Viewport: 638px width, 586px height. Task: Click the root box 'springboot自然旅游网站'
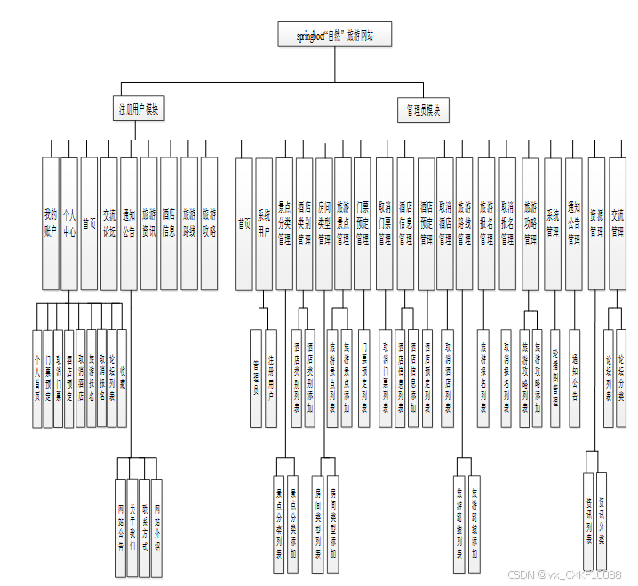334,36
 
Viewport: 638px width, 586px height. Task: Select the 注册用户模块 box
140,110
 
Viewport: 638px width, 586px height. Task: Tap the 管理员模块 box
423,110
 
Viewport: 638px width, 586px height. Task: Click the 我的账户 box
50,223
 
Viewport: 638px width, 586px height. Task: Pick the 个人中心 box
69,223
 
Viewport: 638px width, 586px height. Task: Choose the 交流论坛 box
108,223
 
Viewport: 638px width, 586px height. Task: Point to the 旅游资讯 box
148,223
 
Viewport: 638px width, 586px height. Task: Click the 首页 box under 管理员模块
243,223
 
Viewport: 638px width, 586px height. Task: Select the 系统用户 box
264,223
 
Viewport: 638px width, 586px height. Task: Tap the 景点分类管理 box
283,223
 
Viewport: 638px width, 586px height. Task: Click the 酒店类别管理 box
304,223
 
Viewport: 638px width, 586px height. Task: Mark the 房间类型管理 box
323,223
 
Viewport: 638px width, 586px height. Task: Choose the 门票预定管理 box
363,223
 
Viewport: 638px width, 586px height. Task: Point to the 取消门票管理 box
384,223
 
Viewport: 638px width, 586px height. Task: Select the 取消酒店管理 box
445,223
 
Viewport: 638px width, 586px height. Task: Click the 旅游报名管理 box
486,223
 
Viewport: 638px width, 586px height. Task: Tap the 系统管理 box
553,223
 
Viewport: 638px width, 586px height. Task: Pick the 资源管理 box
595,223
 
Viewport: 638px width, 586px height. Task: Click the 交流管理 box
616,223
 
